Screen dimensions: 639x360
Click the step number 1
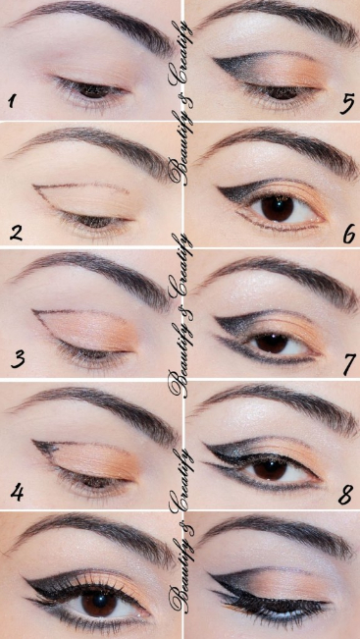13,100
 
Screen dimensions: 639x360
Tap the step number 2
14,233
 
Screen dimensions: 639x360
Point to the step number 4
13,487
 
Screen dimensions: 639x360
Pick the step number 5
346,102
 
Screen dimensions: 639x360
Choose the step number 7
346,361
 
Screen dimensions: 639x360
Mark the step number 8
345,494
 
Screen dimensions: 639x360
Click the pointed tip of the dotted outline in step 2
33,186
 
